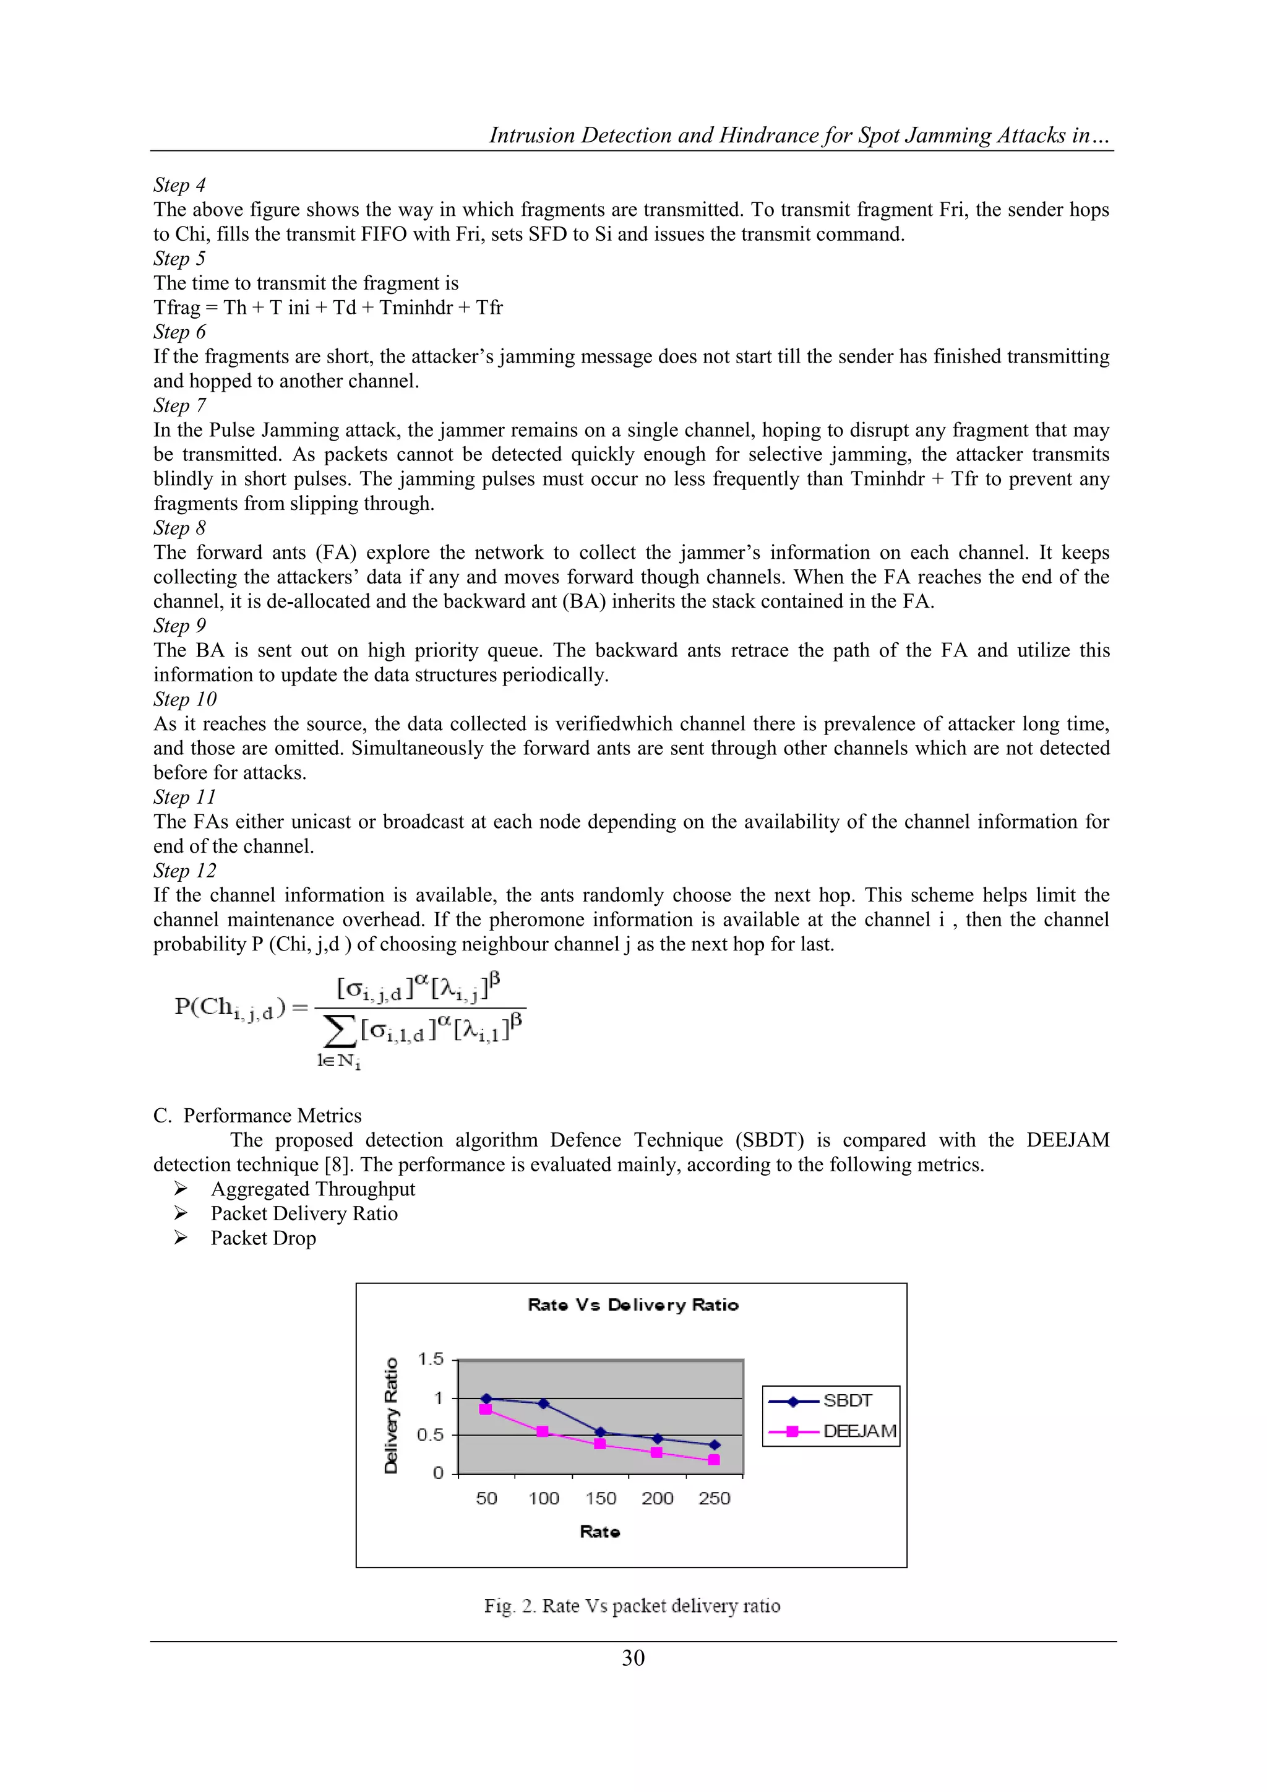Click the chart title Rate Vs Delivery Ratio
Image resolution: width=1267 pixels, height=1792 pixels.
click(x=633, y=1305)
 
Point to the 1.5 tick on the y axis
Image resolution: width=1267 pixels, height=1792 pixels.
click(x=431, y=1359)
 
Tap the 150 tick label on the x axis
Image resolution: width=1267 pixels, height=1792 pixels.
click(x=601, y=1499)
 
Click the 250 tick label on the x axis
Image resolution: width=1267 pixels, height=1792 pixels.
click(x=714, y=1499)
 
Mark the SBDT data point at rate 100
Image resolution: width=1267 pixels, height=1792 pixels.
click(x=544, y=1404)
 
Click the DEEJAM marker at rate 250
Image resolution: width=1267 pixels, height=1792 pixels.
click(x=714, y=1460)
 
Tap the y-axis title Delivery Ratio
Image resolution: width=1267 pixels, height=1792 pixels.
click(x=392, y=1416)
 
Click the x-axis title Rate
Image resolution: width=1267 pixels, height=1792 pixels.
click(x=600, y=1532)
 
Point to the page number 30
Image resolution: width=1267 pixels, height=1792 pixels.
click(x=633, y=1658)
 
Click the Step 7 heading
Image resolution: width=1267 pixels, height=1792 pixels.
click(x=179, y=406)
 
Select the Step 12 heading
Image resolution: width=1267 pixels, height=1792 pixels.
click(x=184, y=871)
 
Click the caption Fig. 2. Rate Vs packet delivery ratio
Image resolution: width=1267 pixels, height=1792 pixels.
click(x=632, y=1606)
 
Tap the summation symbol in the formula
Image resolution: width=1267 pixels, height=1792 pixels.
click(x=338, y=1032)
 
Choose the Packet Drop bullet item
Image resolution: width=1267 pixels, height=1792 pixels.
click(x=263, y=1239)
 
